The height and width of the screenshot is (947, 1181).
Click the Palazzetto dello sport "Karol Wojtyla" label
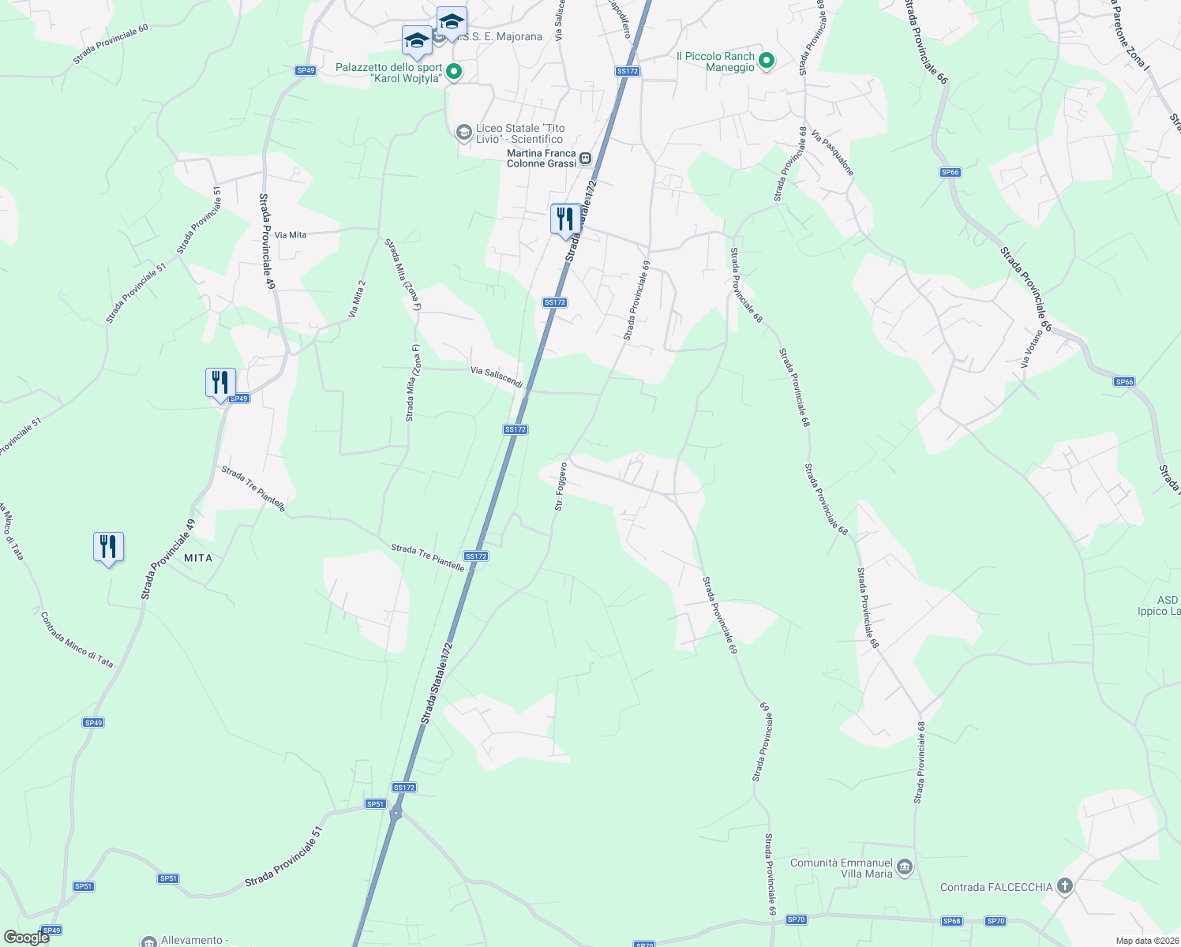tap(388, 73)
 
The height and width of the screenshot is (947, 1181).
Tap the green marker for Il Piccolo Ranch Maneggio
tap(766, 61)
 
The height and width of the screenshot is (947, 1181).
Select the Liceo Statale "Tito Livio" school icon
tap(464, 132)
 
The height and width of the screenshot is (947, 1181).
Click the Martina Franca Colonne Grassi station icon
tap(586, 158)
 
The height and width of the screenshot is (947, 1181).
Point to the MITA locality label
tap(198, 558)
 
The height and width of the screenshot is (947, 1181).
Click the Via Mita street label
tap(291, 235)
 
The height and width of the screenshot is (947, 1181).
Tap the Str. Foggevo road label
tap(560, 486)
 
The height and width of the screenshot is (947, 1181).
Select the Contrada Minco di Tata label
tap(77, 640)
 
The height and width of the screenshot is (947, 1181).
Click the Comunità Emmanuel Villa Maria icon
tap(905, 868)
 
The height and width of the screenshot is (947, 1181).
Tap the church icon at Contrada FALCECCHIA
tap(1065, 886)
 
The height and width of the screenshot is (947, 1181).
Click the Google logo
tap(26, 938)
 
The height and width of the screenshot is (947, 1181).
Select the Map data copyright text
tap(1147, 941)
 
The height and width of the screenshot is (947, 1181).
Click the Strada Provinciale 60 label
tap(111, 44)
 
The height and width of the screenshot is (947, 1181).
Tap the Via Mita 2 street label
tap(357, 299)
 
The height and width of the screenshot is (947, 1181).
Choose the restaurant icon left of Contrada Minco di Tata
tap(108, 547)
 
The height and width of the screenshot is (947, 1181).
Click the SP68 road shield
tap(951, 921)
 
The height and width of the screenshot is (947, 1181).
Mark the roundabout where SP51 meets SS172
tap(396, 813)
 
